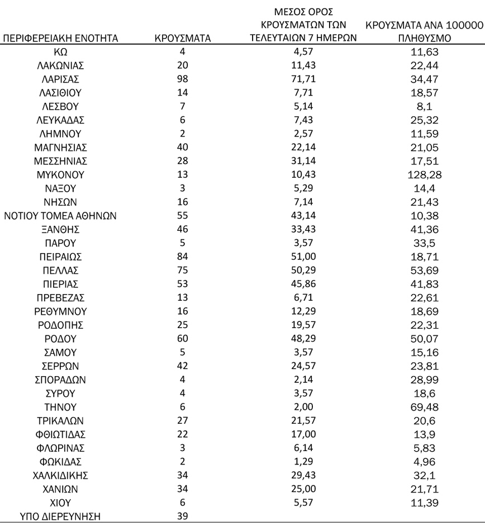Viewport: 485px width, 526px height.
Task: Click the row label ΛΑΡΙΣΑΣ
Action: point(60,79)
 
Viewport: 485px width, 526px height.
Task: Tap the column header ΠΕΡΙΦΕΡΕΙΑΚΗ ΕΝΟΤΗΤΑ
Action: point(60,39)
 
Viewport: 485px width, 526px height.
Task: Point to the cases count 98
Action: point(182,79)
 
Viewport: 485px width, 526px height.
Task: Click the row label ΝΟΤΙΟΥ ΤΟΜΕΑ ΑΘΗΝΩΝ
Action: point(60,216)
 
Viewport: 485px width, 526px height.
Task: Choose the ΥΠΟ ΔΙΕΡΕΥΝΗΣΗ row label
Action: point(60,516)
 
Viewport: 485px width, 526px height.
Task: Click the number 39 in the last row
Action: point(182,516)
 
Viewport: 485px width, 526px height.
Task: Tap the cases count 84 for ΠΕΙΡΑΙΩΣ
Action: point(182,257)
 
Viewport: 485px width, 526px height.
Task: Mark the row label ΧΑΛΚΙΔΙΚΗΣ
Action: point(60,475)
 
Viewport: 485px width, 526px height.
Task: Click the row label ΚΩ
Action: point(60,51)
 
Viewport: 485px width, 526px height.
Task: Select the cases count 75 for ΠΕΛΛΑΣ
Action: point(182,271)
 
